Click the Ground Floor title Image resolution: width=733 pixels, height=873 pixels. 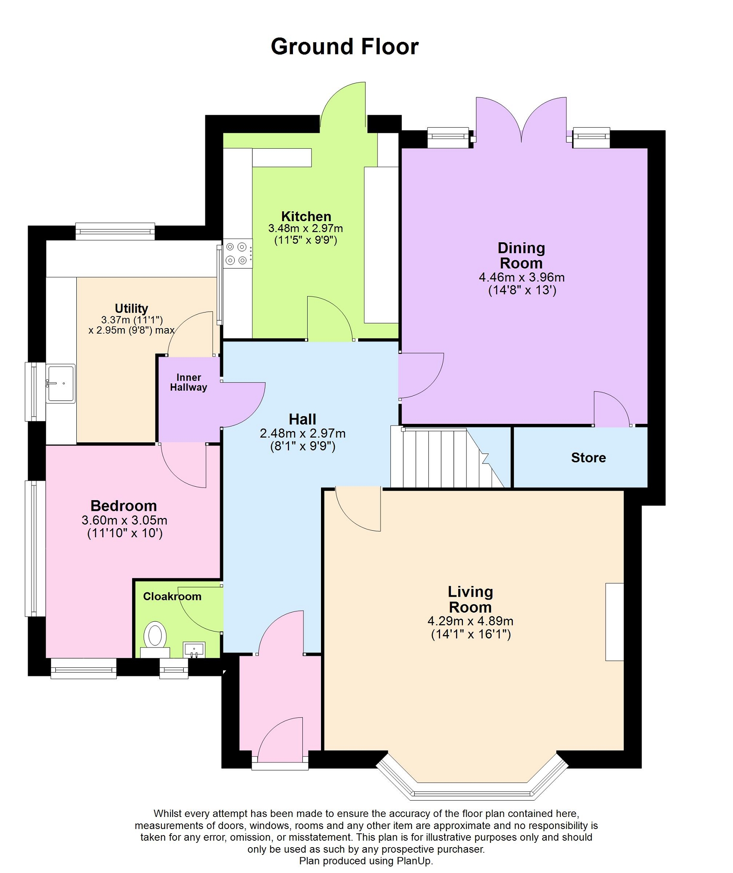[344, 47]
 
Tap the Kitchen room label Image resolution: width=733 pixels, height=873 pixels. [306, 216]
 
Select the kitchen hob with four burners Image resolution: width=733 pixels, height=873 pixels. [238, 253]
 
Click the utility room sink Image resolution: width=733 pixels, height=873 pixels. [60, 383]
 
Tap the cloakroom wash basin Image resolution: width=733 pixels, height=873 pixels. [194, 650]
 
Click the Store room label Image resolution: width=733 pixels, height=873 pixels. [588, 457]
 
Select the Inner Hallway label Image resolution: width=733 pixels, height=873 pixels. [189, 382]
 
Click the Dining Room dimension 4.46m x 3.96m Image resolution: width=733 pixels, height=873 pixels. [522, 277]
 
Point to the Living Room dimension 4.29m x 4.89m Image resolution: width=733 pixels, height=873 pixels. [470, 621]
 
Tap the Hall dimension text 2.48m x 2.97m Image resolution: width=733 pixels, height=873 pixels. [302, 433]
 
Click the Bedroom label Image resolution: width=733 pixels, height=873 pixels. [123, 505]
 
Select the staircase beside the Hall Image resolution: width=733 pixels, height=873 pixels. [447, 457]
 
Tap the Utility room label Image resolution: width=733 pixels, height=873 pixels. [131, 308]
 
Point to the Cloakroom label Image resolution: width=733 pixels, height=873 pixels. [172, 596]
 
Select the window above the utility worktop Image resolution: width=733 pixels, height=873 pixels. [115, 231]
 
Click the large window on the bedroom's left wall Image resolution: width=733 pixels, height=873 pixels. [35, 548]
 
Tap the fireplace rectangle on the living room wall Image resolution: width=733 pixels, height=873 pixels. [615, 622]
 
